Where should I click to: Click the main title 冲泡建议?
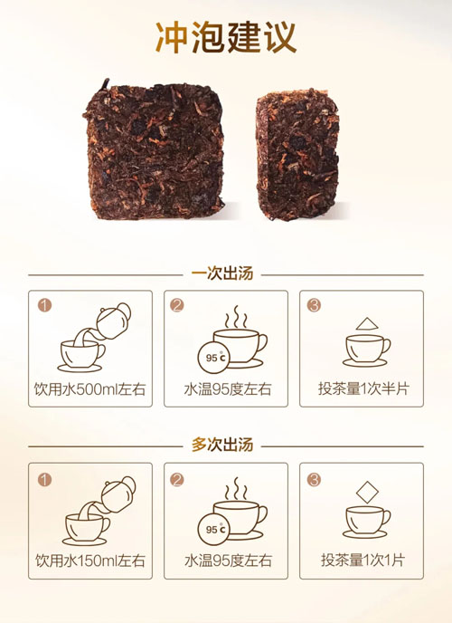click(226, 37)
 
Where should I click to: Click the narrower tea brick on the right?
click(297, 154)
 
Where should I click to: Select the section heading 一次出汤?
click(222, 274)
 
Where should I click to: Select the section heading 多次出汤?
click(222, 445)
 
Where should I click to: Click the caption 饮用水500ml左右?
click(90, 389)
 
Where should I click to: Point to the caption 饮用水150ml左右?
click(90, 561)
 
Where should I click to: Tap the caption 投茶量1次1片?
click(363, 561)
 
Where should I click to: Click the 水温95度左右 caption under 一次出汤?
click(228, 389)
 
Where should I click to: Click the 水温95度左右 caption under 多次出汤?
click(228, 561)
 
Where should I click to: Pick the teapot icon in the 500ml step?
click(113, 321)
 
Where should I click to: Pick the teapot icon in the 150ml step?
click(118, 494)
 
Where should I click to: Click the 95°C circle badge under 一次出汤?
click(214, 358)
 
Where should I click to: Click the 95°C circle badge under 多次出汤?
click(214, 529)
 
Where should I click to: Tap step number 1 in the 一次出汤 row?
click(45, 305)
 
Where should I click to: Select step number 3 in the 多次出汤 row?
click(314, 480)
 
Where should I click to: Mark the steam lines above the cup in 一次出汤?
click(236, 317)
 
